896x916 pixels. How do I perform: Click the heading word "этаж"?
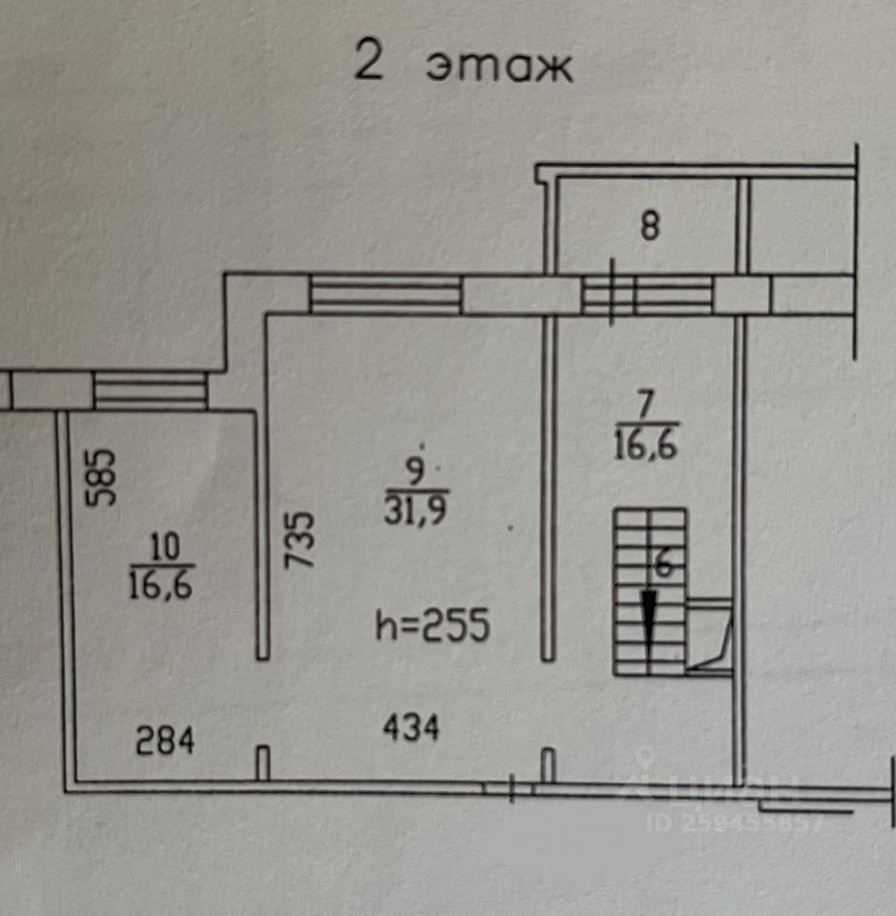498,66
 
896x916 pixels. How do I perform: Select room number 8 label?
650,227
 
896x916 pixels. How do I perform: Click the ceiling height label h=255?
433,627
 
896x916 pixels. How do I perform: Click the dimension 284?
165,740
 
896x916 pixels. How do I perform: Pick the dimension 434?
411,729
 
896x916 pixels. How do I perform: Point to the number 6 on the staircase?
664,564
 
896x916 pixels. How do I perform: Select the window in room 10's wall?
151,391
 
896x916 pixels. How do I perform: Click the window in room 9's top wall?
385,295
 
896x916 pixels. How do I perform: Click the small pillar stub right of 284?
262,763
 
